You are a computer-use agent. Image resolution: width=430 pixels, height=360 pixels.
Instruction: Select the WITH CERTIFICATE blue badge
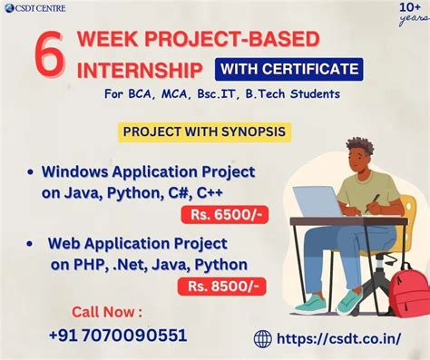pos(288,68)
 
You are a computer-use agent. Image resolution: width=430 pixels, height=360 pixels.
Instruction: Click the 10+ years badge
pos(408,14)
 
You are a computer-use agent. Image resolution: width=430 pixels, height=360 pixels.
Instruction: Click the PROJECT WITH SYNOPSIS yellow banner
pos(205,132)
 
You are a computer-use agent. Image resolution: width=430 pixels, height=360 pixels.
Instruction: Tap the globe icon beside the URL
pos(263,338)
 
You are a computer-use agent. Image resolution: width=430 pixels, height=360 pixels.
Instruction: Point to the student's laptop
pos(318,202)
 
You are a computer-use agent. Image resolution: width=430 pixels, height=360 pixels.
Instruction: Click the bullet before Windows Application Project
pos(32,171)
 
